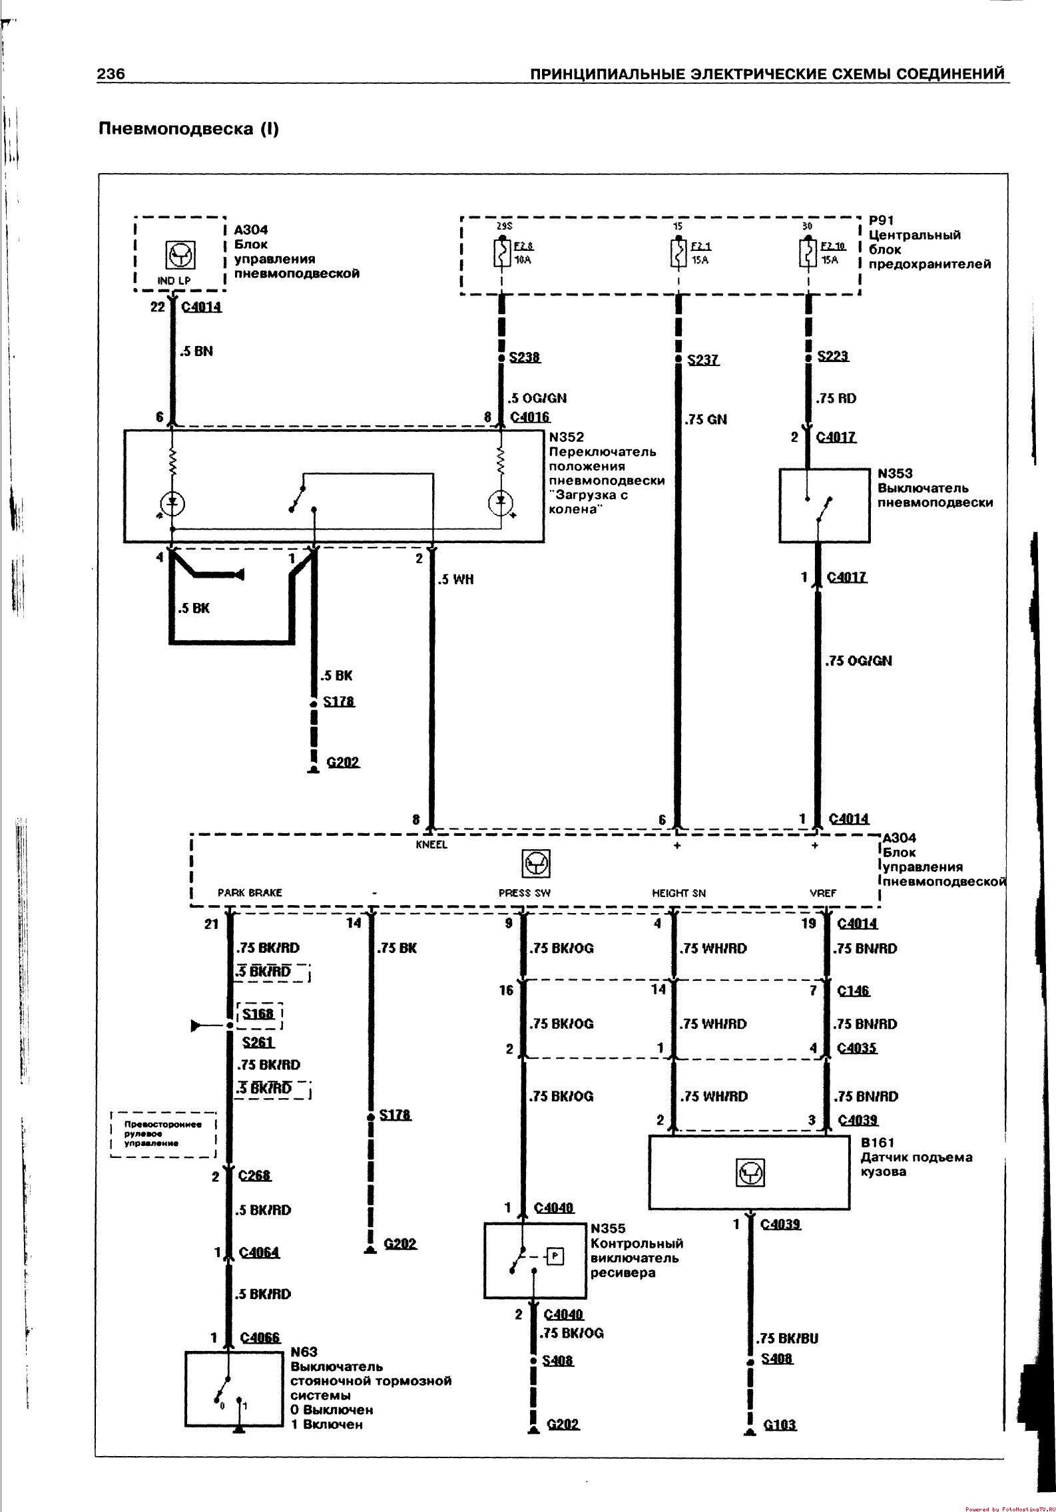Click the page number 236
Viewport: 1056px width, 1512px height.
(x=111, y=74)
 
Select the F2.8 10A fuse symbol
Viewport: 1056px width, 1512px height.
(x=502, y=252)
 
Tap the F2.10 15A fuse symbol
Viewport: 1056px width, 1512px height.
(x=807, y=252)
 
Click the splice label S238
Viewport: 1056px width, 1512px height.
(x=525, y=357)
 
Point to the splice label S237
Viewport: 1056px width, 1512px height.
(x=703, y=360)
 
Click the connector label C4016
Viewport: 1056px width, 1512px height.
(x=530, y=417)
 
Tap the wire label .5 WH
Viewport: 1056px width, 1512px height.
(x=455, y=580)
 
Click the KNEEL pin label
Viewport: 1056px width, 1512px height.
(x=431, y=845)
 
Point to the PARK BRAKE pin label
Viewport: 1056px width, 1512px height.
(x=250, y=893)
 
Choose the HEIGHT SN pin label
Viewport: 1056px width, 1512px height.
(x=678, y=893)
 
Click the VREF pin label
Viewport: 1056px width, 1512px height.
(x=823, y=893)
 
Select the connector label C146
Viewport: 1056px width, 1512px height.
(x=854, y=990)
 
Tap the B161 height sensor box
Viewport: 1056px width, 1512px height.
(x=749, y=1172)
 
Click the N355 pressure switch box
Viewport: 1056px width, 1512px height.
(x=535, y=1260)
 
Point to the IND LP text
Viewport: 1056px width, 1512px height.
(x=174, y=281)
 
